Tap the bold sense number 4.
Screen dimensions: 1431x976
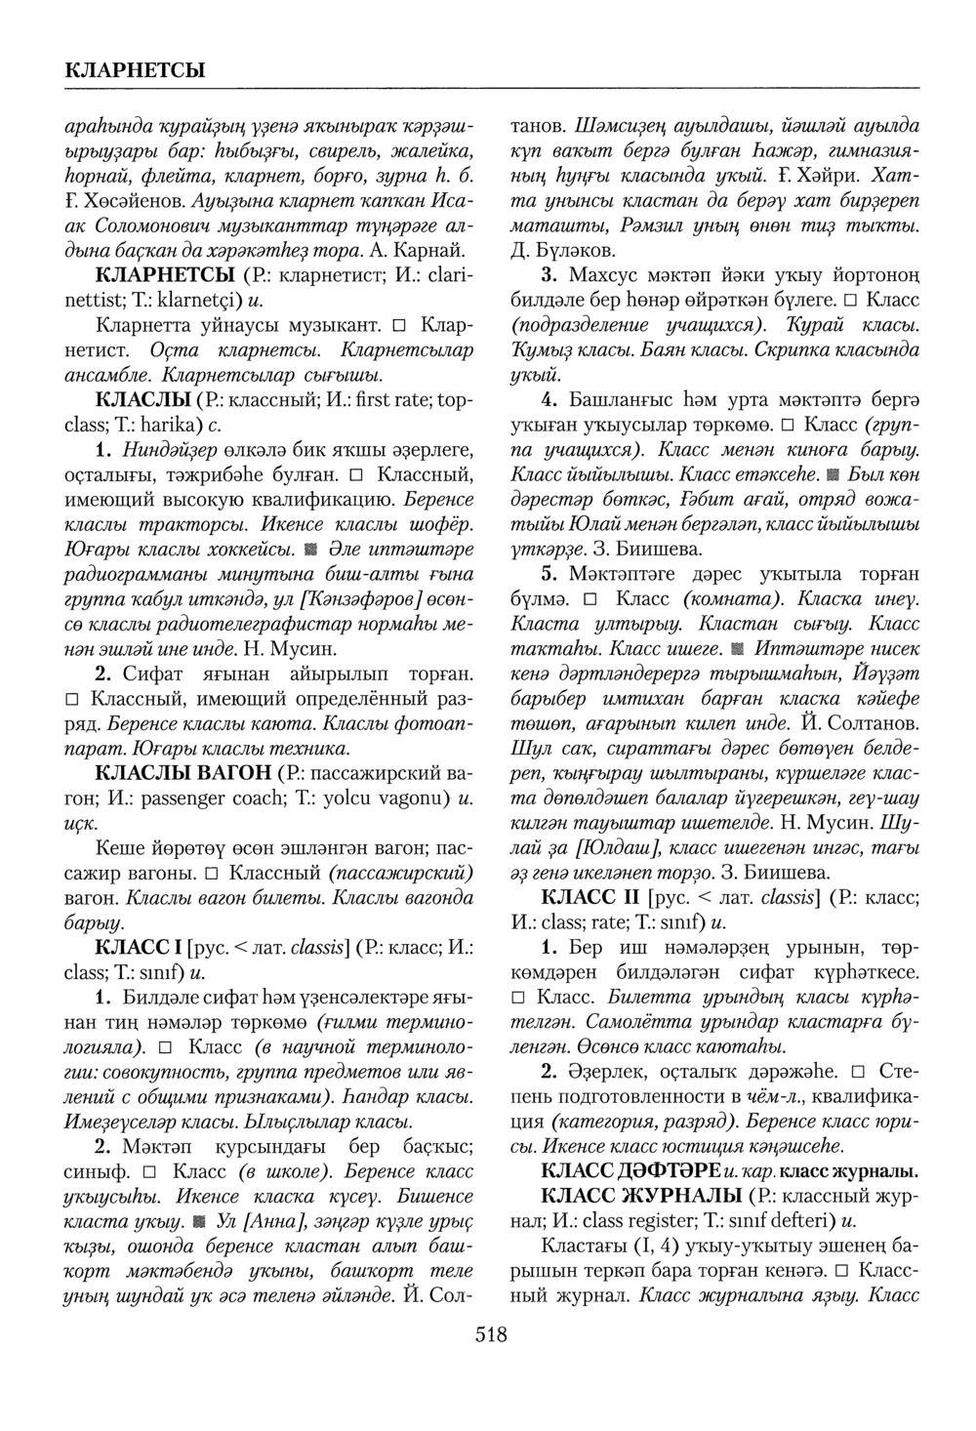[x=549, y=400]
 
